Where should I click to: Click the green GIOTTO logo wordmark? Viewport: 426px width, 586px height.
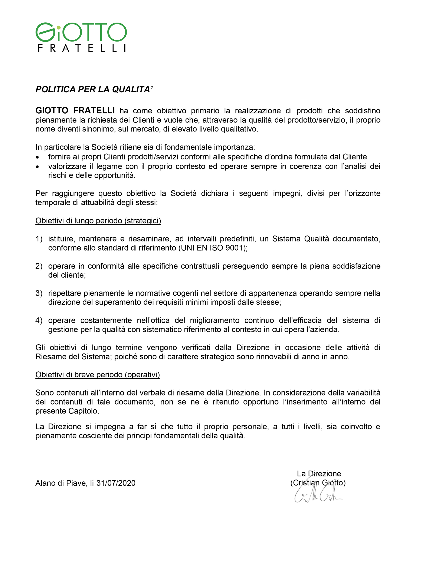(81, 32)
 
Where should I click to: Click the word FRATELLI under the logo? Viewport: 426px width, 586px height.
(82, 48)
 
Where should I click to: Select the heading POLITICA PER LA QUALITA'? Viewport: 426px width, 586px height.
(94, 89)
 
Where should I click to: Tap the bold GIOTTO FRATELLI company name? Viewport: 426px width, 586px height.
(75, 111)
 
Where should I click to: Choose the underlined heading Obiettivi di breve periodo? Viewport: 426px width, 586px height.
(97, 375)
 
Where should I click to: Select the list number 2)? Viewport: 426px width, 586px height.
(39, 266)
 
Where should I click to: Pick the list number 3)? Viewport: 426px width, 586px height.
(39, 293)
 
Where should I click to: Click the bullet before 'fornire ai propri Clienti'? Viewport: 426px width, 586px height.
(38, 157)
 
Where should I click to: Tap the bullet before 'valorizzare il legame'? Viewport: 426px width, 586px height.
(38, 167)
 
